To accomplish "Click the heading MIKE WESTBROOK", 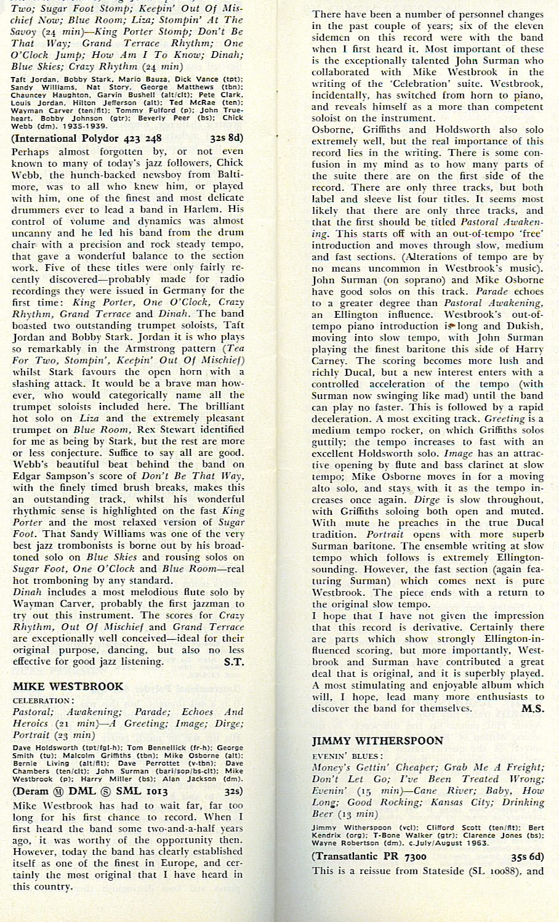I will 68,686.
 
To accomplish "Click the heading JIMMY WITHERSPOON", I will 377,740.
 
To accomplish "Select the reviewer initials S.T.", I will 233,662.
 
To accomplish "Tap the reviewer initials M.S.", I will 533,708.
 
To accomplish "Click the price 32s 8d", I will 226,138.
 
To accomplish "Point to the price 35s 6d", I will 527,856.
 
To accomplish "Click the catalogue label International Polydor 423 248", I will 87,138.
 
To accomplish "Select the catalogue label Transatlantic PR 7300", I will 369,856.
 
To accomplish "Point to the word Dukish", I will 523,326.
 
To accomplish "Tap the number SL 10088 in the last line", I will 493,871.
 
